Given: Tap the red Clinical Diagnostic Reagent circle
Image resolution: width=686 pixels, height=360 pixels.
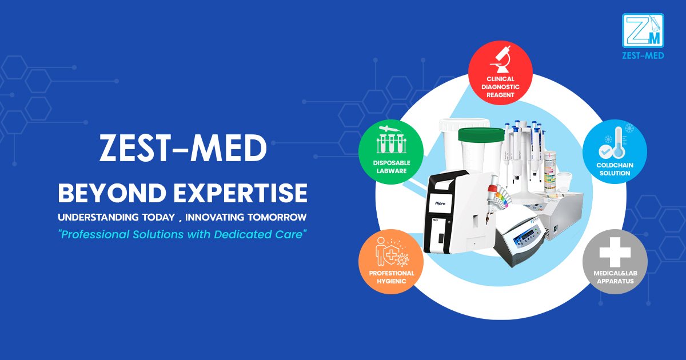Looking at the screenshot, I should [x=500, y=73].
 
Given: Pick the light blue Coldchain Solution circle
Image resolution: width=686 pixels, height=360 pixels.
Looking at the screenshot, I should [x=615, y=151].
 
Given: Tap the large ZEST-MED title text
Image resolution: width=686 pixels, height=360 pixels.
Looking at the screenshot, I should [x=183, y=150].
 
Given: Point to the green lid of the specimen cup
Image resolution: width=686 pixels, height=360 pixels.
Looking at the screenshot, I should [x=480, y=135].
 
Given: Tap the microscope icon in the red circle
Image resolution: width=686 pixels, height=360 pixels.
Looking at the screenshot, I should [x=500, y=59].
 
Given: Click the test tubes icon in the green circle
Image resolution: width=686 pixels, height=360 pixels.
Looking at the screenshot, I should [x=390, y=139].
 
